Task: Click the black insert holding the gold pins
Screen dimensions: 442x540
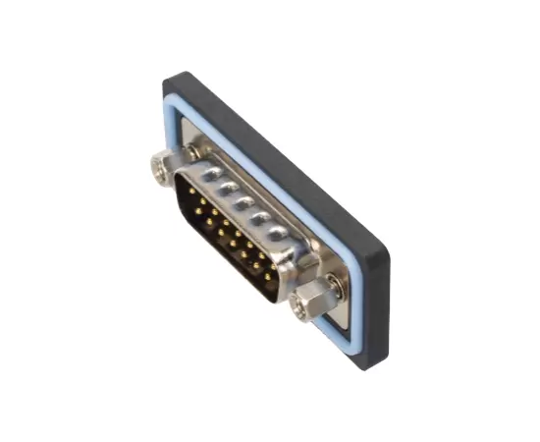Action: coord(226,241)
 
